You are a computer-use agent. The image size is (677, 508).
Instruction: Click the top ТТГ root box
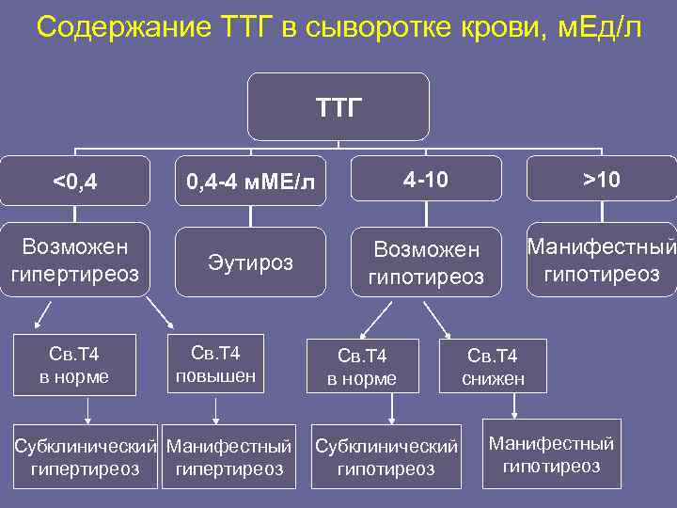tap(338, 106)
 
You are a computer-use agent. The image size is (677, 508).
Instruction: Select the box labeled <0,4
tap(75, 180)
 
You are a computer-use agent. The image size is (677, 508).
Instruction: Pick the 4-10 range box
tap(426, 178)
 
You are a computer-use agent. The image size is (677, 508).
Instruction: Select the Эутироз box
tap(250, 262)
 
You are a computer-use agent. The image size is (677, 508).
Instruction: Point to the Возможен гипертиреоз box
tap(75, 260)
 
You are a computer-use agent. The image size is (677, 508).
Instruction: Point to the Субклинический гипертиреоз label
tap(86, 456)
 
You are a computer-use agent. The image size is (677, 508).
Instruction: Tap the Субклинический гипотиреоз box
tap(386, 457)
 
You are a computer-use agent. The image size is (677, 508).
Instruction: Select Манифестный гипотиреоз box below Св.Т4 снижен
tap(552, 454)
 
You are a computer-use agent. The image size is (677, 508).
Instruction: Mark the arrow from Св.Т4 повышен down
tap(216, 409)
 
